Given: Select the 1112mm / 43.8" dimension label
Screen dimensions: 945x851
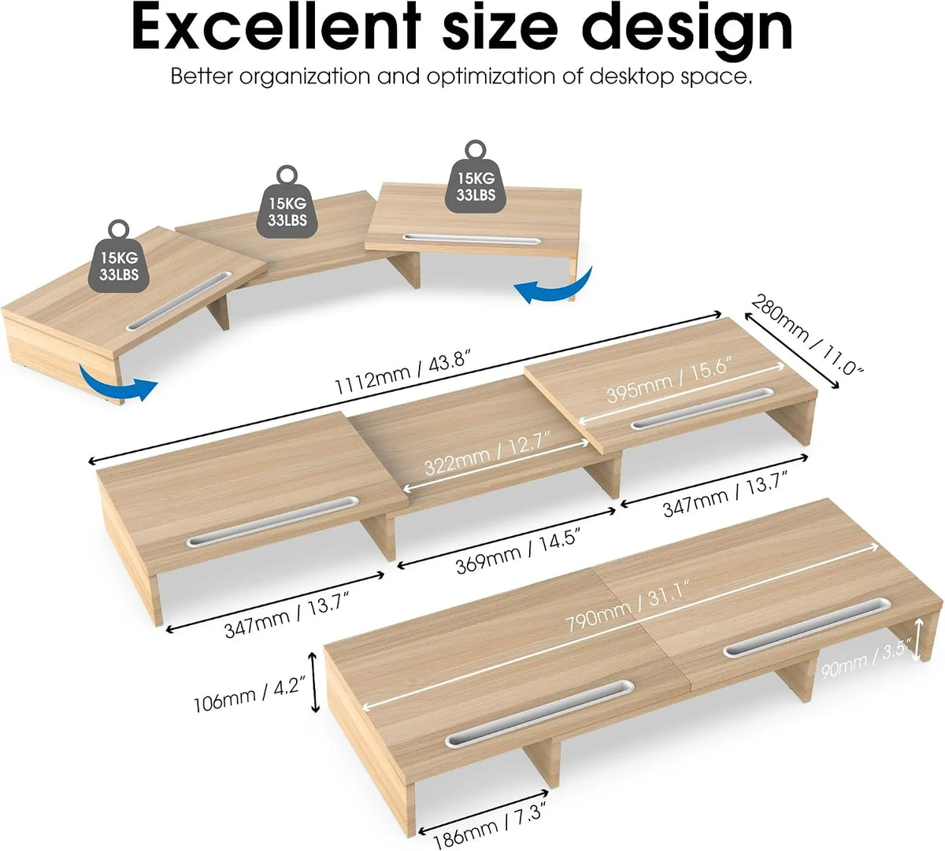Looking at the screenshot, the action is coord(402,372).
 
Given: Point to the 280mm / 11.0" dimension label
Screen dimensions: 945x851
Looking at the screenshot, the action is coord(805,334).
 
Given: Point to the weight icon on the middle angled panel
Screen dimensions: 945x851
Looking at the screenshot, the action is coord(288,202).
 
